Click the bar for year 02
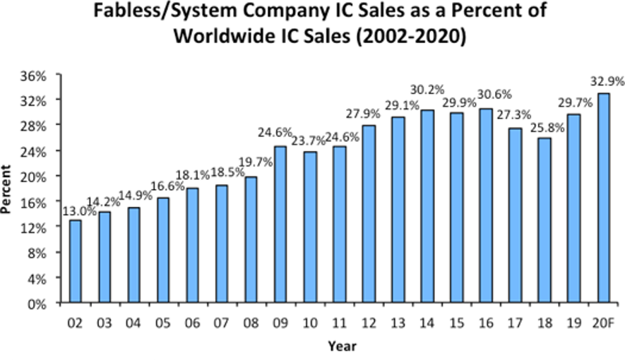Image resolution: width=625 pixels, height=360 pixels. click(76, 262)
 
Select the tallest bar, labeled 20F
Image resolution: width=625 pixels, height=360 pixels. click(604, 198)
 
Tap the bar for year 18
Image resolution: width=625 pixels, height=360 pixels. click(545, 221)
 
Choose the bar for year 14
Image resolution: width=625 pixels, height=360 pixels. click(428, 207)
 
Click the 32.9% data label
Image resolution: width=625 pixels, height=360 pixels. click(602, 79)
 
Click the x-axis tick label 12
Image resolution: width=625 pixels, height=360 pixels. click(369, 324)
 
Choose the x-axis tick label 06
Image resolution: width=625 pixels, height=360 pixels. click(193, 324)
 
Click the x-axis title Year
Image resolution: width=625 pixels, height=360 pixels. click(341, 346)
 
